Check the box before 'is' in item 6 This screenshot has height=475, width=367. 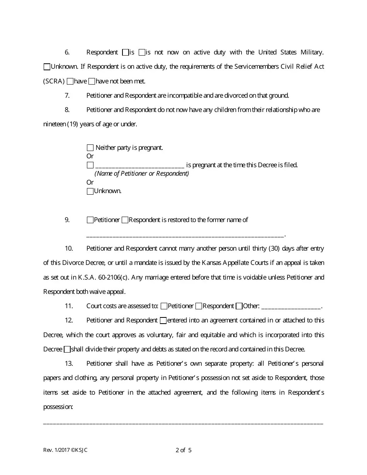coord(125,52)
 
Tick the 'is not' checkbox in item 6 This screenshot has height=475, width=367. coord(142,52)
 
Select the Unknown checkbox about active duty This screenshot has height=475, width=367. coord(47,67)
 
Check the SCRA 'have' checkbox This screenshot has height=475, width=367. coord(70,81)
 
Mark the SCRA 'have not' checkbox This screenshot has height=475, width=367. coord(92,81)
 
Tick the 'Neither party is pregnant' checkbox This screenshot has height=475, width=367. coord(90,148)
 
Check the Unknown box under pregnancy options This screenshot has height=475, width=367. coord(90,191)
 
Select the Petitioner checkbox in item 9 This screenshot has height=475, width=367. coord(90,220)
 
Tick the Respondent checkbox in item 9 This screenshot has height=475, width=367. coord(125,220)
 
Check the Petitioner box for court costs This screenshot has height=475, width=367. coord(164,306)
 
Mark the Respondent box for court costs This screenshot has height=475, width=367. coord(199,306)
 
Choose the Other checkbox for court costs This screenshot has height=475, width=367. coord(239,306)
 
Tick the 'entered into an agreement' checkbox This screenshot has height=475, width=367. coord(163,321)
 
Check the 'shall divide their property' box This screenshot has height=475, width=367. coord(67,349)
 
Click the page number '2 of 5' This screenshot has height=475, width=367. coord(183,450)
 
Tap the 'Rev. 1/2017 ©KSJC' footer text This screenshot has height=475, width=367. coord(65,450)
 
